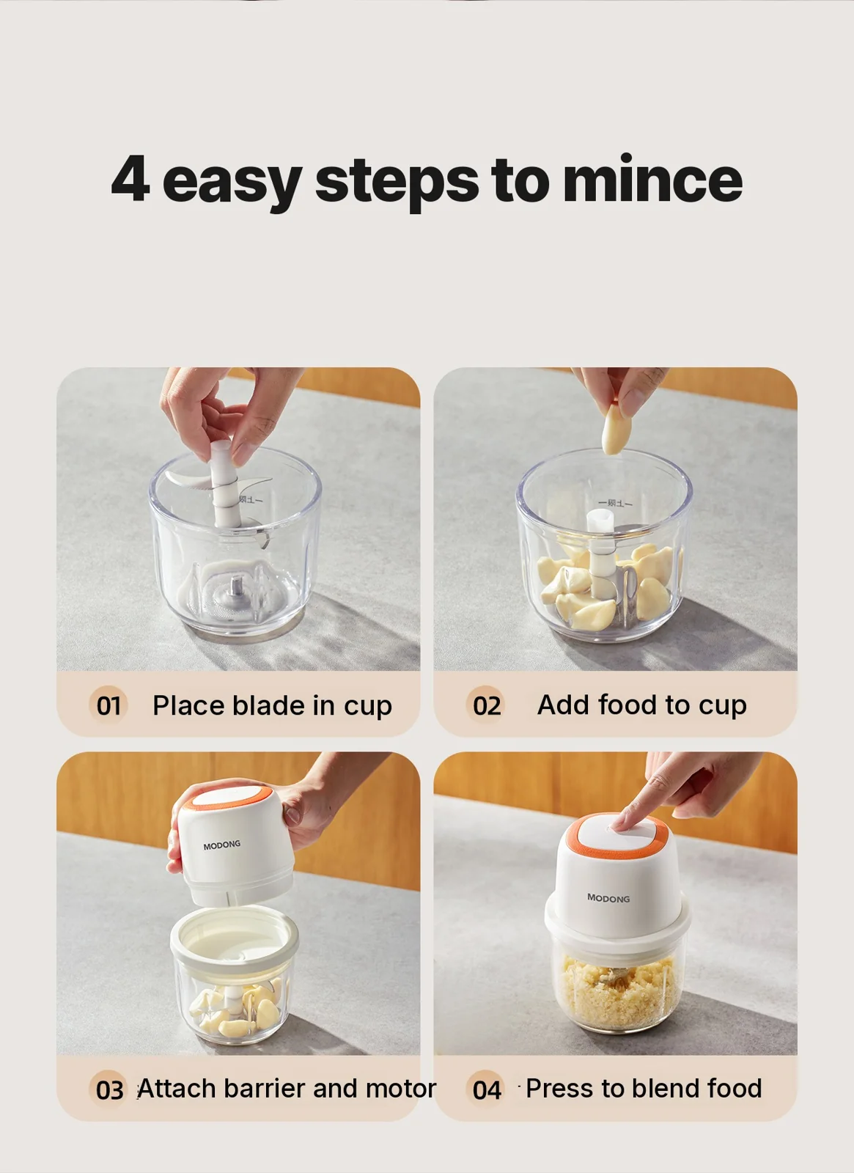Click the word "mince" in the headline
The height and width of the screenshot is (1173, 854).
click(x=652, y=180)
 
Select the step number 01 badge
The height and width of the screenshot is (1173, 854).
click(x=108, y=705)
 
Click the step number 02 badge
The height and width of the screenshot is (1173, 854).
click(x=487, y=705)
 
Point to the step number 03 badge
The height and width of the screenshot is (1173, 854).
click(x=109, y=1089)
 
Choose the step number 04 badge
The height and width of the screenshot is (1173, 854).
click(x=487, y=1089)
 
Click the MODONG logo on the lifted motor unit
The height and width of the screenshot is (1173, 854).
click(x=222, y=845)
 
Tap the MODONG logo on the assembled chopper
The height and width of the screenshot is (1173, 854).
click(x=608, y=898)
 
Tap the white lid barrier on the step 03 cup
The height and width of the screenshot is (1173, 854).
click(x=235, y=940)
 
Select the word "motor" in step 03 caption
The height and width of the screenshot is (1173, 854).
click(x=400, y=1088)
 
